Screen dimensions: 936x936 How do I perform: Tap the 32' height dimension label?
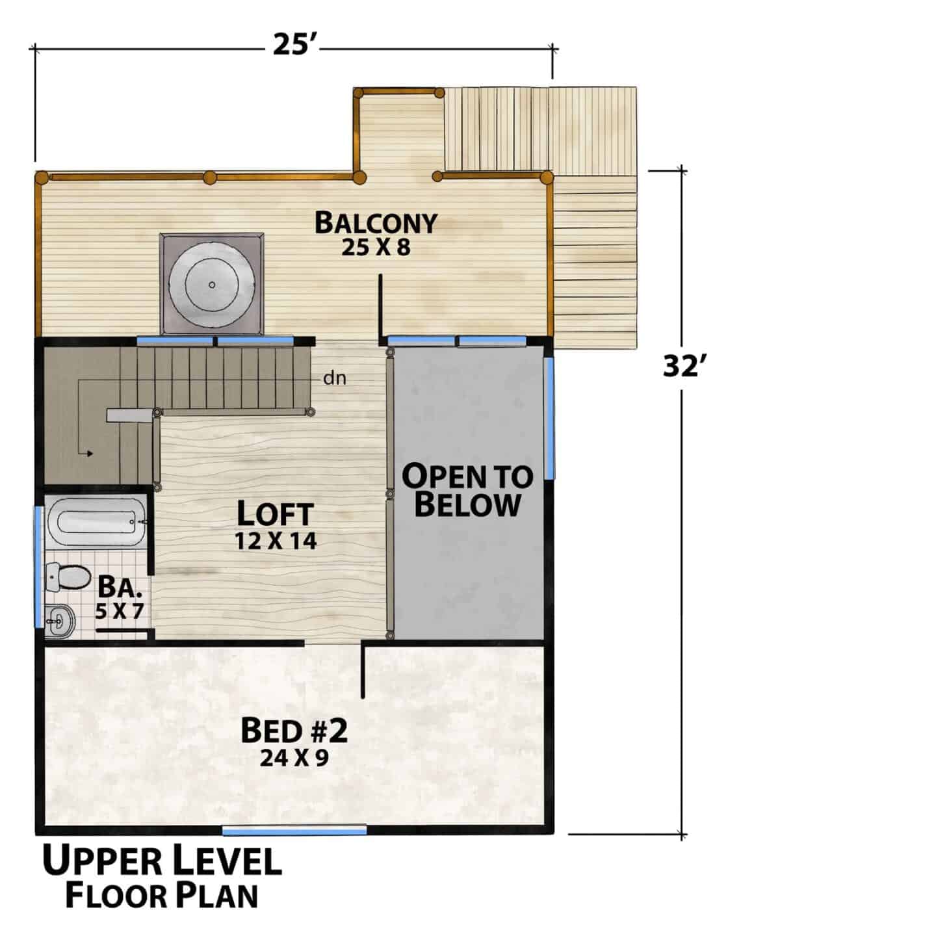(x=684, y=366)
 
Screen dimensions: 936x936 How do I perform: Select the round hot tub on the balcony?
(x=212, y=285)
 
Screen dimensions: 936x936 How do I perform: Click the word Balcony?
(x=376, y=223)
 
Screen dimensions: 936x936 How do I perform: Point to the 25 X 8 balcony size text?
(x=376, y=248)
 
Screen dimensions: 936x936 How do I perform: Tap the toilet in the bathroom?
(x=68, y=577)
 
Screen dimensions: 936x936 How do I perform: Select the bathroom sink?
(x=60, y=621)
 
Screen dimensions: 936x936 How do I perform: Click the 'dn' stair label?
(x=335, y=378)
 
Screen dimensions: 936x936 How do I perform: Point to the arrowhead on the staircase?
(x=89, y=454)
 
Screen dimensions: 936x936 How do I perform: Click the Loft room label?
(x=275, y=514)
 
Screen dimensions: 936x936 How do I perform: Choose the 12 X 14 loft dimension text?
(x=276, y=541)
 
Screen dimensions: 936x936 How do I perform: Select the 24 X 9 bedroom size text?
(x=294, y=757)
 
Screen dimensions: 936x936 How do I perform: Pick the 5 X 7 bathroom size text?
(x=120, y=611)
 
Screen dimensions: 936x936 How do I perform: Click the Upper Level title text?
(x=162, y=860)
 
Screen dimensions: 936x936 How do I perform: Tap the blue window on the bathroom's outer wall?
(x=37, y=567)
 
